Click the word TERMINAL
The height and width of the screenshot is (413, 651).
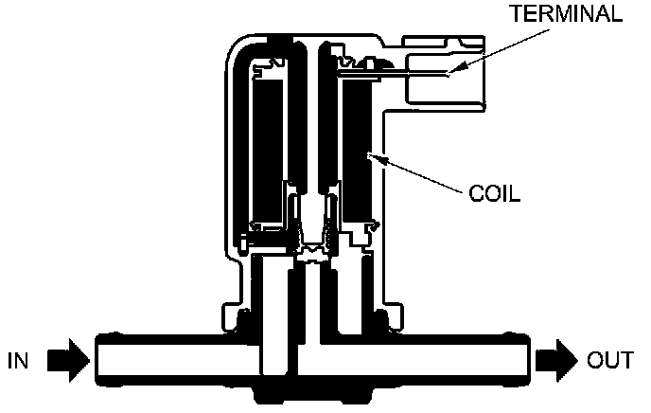coord(567,13)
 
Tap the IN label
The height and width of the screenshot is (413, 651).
coord(19,360)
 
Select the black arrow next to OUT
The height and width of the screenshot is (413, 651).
coord(555,360)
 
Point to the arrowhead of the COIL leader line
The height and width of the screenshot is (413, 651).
coord(371,153)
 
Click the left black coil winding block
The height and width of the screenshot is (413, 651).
coord(269,152)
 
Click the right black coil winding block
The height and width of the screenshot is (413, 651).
coord(359,152)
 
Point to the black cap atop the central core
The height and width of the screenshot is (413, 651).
coord(282,42)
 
